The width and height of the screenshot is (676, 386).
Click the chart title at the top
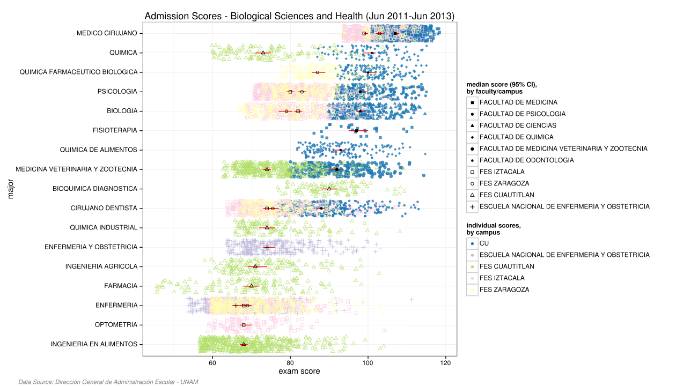(x=299, y=16)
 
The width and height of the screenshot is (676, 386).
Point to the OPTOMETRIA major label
(x=116, y=325)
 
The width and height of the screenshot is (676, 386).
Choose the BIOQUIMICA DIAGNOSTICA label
(x=95, y=189)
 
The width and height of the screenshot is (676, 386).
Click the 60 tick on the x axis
(x=212, y=362)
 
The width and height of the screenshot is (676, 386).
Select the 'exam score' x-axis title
(x=299, y=372)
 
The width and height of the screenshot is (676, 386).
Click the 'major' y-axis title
(x=11, y=189)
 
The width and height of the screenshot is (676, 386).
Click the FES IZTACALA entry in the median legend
(x=502, y=172)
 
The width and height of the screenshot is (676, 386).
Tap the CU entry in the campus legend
(x=484, y=243)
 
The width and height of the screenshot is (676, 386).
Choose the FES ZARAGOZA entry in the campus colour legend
(x=504, y=289)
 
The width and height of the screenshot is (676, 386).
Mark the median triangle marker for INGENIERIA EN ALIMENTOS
(x=244, y=344)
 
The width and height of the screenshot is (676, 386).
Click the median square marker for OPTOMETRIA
(x=243, y=325)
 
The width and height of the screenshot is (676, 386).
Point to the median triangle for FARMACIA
(x=251, y=286)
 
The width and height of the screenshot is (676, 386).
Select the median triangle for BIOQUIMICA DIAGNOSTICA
(x=329, y=189)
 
